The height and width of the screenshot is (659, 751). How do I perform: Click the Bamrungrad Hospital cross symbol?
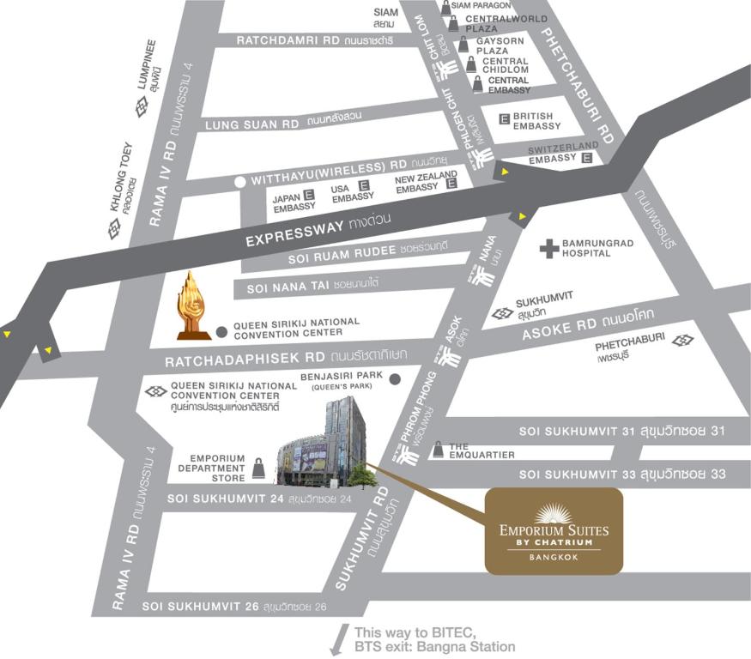[x=549, y=249]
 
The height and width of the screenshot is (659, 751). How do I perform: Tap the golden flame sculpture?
[x=194, y=305]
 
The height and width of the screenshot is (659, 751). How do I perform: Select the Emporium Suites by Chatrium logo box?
[x=554, y=531]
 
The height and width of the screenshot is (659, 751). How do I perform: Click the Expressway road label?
[x=318, y=229]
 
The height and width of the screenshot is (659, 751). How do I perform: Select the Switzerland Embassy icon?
[x=587, y=158]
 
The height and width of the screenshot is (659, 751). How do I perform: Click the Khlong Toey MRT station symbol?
[x=114, y=229]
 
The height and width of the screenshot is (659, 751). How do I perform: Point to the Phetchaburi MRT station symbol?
[x=683, y=341]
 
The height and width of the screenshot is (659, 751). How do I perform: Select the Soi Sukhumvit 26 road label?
[x=234, y=607]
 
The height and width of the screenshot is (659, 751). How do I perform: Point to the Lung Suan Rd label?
[x=251, y=124]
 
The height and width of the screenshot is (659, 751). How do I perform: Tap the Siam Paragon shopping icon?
[x=445, y=7]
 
